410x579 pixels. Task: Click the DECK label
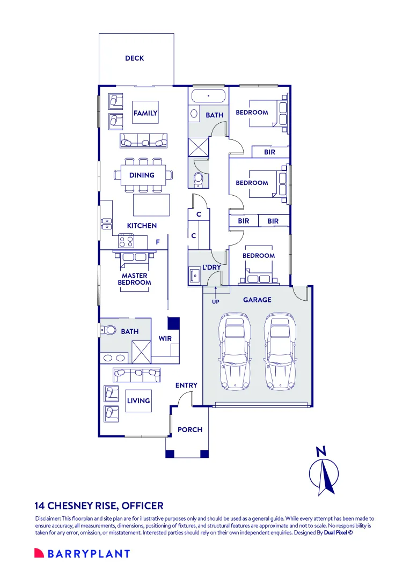135,58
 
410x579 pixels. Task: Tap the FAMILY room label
145,113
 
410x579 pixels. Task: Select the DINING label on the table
142,175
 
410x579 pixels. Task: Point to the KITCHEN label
142,226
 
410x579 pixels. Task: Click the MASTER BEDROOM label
135,279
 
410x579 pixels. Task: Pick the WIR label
165,338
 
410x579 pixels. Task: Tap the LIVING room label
138,400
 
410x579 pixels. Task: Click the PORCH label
190,430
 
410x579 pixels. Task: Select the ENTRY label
186,385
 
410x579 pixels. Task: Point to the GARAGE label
257,300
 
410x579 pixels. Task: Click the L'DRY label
211,267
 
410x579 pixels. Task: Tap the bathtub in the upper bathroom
209,96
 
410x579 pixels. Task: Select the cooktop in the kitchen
126,241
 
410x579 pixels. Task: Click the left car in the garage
235,352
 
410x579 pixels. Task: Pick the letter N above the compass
321,451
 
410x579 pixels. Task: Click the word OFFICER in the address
143,506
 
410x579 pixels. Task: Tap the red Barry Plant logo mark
39,553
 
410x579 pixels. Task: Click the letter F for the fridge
158,242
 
